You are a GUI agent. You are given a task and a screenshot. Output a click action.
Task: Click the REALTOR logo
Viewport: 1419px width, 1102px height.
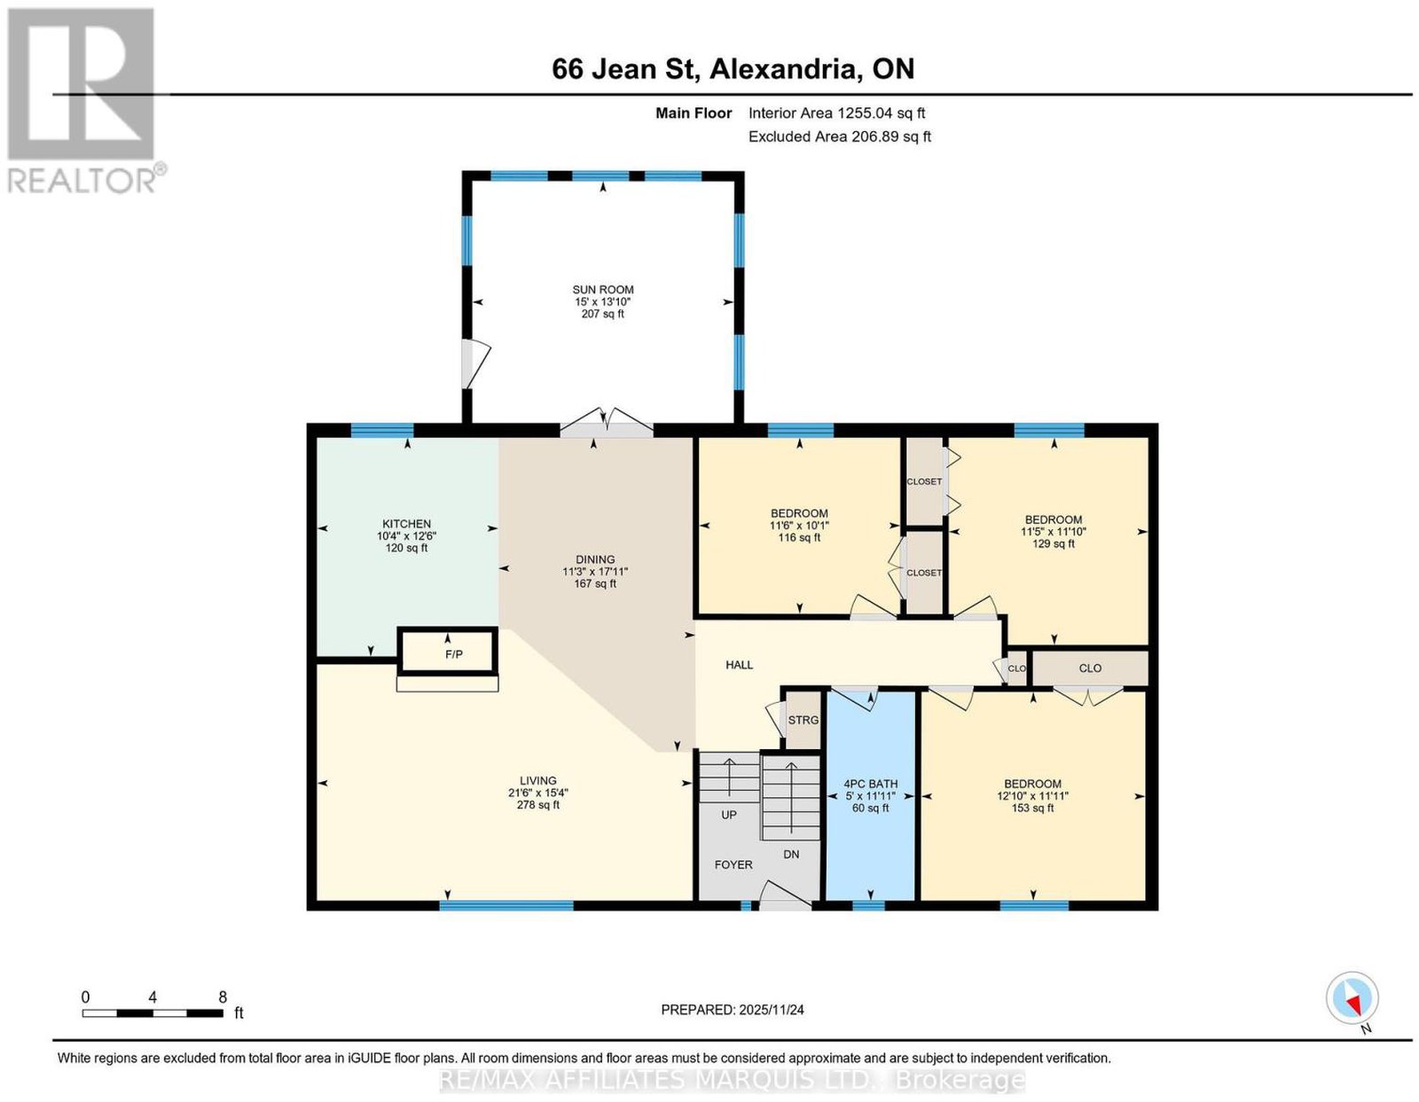85,101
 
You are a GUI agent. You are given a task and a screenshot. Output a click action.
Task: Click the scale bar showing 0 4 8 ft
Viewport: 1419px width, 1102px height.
153,1013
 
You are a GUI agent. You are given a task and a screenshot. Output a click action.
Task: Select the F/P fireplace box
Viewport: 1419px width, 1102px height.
448,651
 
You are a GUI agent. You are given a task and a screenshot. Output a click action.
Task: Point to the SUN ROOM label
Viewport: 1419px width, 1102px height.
603,290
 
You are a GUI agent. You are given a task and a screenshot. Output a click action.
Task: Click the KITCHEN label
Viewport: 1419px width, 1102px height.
406,524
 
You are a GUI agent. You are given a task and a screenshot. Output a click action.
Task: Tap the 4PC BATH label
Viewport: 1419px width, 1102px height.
871,784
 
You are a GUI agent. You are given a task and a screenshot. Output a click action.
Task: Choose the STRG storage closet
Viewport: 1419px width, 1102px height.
803,720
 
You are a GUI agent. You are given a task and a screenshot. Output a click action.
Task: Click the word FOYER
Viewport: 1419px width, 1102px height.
733,864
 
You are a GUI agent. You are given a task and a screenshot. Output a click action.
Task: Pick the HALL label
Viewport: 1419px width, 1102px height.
740,665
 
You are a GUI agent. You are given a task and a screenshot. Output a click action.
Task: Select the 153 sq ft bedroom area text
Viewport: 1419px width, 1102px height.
1032,808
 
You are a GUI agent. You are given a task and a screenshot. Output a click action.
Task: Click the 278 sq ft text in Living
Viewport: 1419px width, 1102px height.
538,804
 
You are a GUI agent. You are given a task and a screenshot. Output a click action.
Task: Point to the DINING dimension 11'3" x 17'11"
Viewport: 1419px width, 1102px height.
595,572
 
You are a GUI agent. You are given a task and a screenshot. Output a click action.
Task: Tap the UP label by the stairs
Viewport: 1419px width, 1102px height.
729,815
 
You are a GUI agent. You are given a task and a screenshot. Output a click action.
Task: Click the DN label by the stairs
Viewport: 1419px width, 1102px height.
791,854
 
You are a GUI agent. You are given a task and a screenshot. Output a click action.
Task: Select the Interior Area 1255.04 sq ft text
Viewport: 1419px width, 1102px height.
836,113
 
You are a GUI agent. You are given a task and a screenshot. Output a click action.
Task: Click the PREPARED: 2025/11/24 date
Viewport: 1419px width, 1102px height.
733,1010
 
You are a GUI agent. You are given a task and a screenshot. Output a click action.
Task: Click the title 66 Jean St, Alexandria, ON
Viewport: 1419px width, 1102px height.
733,68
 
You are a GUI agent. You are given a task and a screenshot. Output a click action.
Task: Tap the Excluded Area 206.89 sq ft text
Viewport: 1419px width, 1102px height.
839,137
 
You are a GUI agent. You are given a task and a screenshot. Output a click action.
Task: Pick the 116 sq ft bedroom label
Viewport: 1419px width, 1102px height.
799,537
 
